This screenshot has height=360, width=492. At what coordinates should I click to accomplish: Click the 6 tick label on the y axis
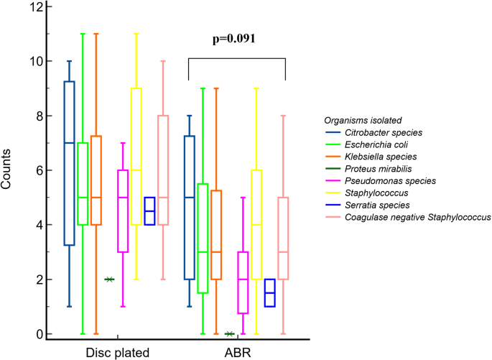coord(38,170)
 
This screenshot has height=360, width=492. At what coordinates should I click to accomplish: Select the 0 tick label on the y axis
coord(38,334)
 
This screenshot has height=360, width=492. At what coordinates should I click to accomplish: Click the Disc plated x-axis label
coord(116,351)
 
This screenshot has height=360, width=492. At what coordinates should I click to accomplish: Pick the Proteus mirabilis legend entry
coord(381,168)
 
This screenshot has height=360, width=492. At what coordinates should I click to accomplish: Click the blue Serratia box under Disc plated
coord(149,211)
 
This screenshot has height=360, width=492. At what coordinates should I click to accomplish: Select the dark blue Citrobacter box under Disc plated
coord(69,163)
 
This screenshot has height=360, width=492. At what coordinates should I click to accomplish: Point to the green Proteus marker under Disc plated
coord(109,279)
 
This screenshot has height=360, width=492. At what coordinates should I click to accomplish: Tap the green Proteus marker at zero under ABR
coord(230,333)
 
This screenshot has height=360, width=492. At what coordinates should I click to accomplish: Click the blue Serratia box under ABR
coord(270,292)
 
